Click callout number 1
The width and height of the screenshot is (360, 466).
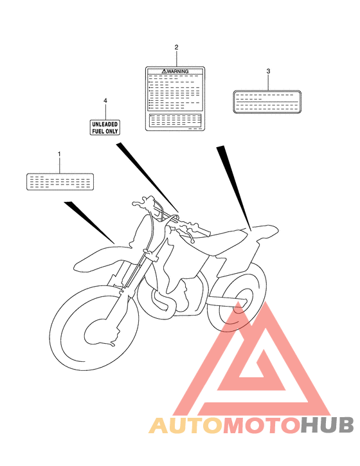point(59,154)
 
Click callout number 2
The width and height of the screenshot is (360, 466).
point(176,48)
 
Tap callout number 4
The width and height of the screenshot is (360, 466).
point(105,101)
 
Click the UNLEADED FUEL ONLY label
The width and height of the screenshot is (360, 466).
point(104,126)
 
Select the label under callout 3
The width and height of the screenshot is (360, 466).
point(265,100)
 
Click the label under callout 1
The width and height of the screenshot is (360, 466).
point(60,182)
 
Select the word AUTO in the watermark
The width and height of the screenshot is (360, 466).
point(186,426)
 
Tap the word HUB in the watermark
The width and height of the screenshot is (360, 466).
point(328,426)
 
